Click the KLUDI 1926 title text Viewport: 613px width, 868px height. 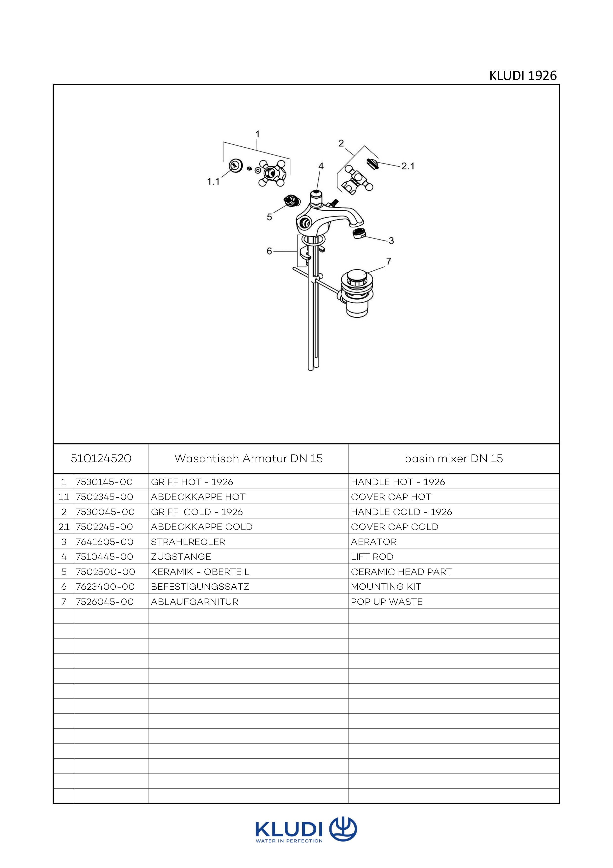523,76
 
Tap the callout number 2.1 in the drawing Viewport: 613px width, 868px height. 408,166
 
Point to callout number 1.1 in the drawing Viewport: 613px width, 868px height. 213,182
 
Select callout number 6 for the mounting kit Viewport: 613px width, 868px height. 269,251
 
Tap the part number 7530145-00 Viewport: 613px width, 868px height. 104,482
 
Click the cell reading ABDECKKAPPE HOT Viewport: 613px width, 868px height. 198,497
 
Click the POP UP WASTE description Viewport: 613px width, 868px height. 387,602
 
